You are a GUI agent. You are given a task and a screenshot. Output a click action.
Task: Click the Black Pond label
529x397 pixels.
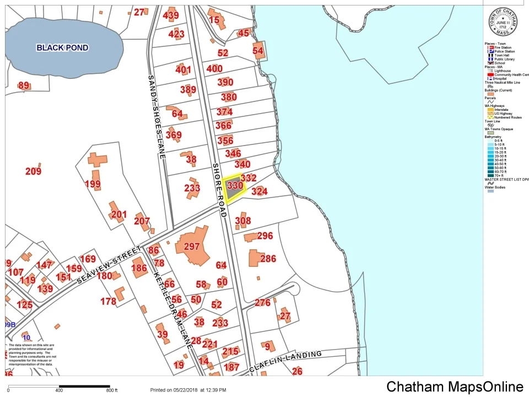(x=62, y=47)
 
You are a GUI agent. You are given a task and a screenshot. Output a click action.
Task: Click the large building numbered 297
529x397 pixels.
(x=192, y=246)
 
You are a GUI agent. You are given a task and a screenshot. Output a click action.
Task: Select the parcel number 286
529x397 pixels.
(x=268, y=259)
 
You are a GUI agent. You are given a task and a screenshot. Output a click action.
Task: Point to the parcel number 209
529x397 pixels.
(x=33, y=171)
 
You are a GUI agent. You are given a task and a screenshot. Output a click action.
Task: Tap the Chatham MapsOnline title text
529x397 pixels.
(x=455, y=387)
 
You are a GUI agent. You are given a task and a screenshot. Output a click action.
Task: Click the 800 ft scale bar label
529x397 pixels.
(x=112, y=390)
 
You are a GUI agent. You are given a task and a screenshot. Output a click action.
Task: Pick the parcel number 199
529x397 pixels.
(x=93, y=184)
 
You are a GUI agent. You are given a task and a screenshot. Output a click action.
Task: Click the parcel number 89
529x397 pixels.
(x=24, y=85)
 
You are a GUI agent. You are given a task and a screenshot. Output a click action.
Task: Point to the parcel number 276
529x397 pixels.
(x=262, y=303)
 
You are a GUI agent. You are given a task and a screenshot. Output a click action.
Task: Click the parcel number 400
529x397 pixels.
(x=214, y=69)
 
